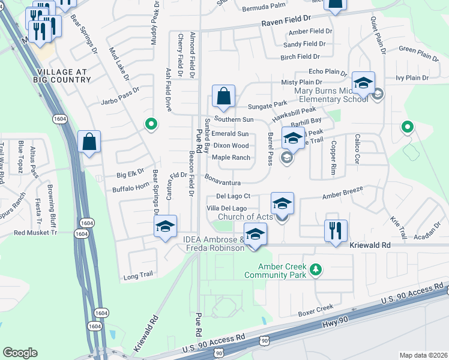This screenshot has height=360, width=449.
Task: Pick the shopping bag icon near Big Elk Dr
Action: click(x=89, y=142)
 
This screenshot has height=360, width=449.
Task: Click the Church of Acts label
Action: click(x=245, y=217)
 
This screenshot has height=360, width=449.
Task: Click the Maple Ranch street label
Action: click(x=231, y=158)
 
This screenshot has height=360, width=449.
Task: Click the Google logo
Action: click(x=20, y=353)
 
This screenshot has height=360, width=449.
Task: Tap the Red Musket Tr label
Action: click(x=35, y=232)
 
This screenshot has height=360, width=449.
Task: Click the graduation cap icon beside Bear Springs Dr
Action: click(x=165, y=226)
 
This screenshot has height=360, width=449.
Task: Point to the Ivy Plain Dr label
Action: click(x=412, y=78)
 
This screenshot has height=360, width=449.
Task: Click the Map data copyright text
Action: click(x=423, y=355)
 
